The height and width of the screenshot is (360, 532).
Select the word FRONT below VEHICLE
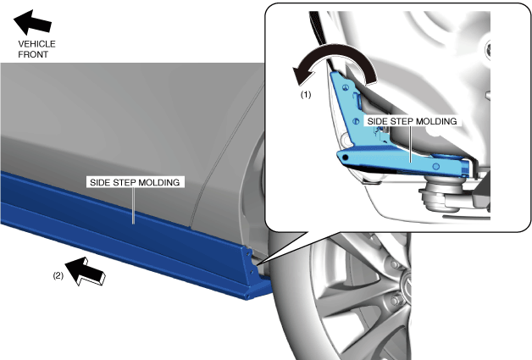(34, 53)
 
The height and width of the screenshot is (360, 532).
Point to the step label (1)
(307, 96)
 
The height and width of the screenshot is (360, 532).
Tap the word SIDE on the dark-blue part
(97, 182)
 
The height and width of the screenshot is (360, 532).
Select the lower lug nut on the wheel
(396, 303)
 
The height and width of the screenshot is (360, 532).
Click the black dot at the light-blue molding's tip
(344, 158)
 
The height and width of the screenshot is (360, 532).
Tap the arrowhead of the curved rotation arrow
(301, 79)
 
